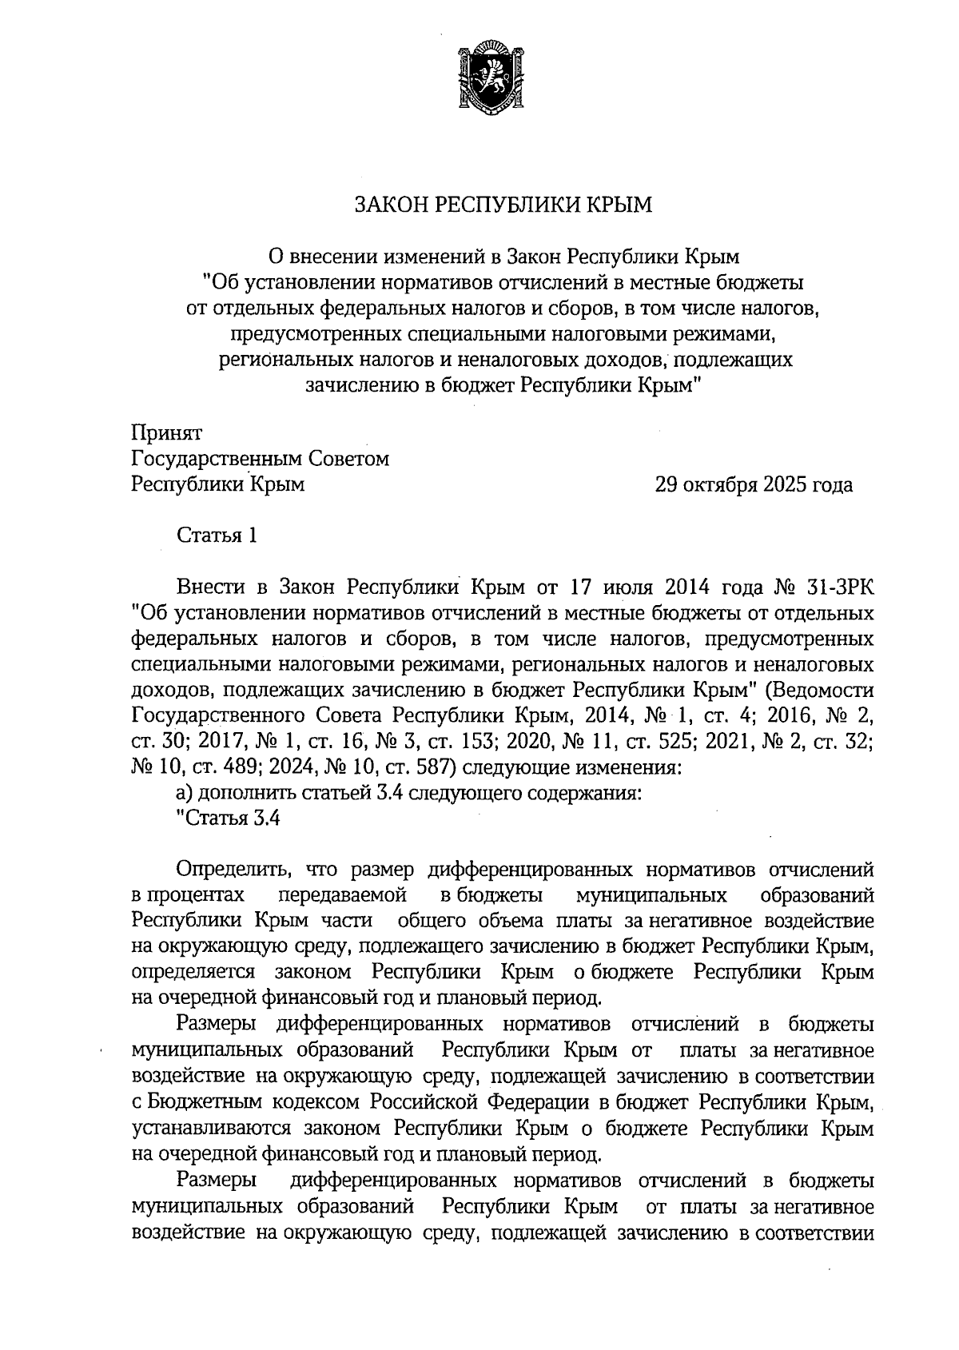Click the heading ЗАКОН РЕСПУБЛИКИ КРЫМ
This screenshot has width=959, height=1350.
click(503, 205)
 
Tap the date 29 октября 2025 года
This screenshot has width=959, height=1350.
click(753, 485)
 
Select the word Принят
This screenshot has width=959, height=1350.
click(166, 433)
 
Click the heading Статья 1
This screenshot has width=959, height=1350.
click(217, 536)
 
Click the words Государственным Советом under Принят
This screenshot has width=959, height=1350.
click(261, 459)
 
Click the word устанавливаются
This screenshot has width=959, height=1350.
click(212, 1129)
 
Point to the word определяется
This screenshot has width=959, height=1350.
click(193, 972)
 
